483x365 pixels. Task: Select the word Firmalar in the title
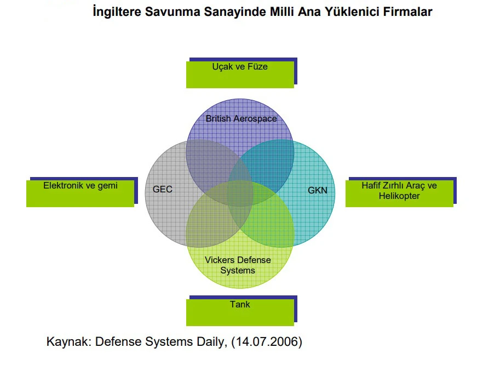(408, 12)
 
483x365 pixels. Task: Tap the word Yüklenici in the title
(352, 12)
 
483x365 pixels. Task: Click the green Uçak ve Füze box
(240, 74)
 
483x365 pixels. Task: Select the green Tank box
(240, 311)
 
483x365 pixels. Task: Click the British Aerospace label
(241, 118)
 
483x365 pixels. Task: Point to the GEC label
(163, 190)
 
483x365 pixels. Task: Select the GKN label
(318, 191)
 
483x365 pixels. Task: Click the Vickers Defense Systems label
(238, 265)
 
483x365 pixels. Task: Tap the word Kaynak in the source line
(68, 342)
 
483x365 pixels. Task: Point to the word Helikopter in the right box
(399, 196)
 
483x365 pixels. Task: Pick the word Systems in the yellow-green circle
(238, 271)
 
